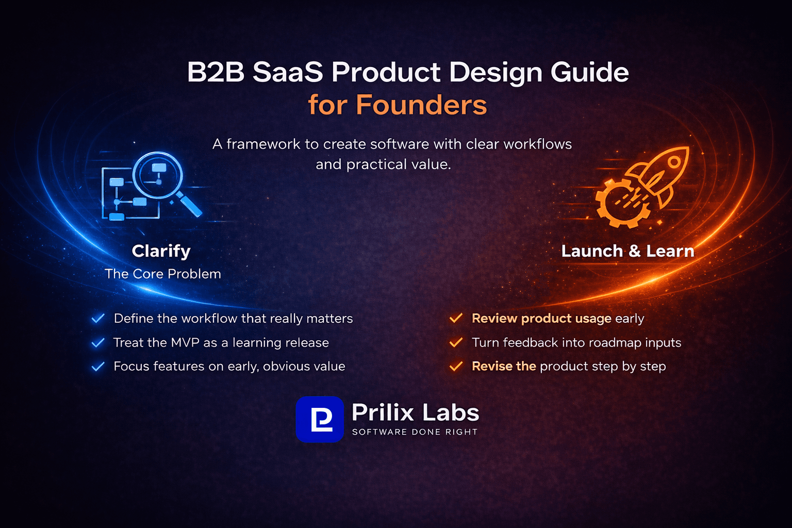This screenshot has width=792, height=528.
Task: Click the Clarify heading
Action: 161,251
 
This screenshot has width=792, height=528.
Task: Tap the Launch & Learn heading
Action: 628,251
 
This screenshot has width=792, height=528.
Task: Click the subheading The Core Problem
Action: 162,274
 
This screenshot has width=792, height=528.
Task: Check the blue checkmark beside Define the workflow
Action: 98,319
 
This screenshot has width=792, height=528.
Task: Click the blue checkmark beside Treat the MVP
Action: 98,343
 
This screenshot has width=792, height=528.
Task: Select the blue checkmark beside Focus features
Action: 98,367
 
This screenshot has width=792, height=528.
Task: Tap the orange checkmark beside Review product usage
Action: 456,319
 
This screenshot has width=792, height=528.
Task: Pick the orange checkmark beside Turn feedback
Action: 456,343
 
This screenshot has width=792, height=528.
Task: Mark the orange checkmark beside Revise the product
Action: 456,367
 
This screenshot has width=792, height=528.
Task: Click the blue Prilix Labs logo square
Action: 320,419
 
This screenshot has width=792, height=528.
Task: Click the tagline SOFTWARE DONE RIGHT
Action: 415,432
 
